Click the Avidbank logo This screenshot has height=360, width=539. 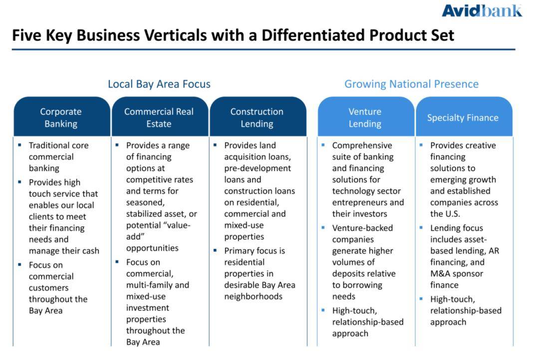[x=482, y=10]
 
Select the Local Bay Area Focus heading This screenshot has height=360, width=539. [x=159, y=84]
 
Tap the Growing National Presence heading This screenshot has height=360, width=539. [x=411, y=84]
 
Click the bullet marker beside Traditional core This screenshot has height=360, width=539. [x=19, y=145]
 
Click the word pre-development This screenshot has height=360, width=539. [x=258, y=169]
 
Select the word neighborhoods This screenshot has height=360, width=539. [x=254, y=297]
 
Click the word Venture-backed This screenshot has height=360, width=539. [x=362, y=228]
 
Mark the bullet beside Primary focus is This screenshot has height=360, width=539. [x=215, y=250]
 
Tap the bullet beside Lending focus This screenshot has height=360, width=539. [x=421, y=227]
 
